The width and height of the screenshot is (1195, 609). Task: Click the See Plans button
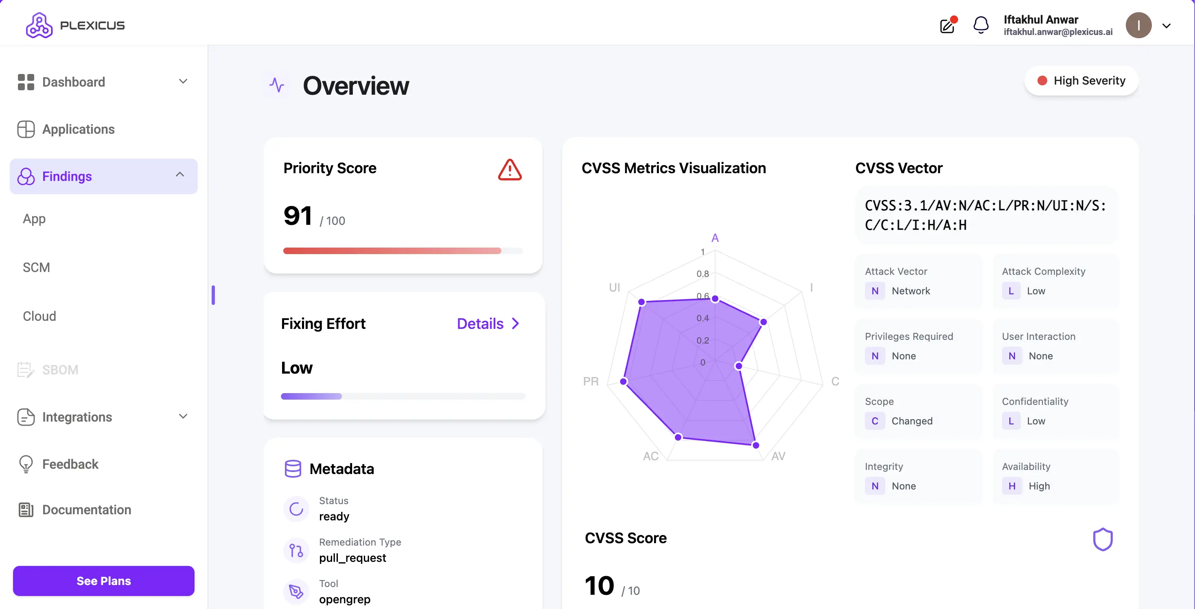[103, 581]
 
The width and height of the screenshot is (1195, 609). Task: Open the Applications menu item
[78, 129]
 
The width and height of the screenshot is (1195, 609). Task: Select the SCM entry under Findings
[36, 268]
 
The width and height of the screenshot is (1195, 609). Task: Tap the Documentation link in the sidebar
[86, 510]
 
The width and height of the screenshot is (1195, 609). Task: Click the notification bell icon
[981, 25]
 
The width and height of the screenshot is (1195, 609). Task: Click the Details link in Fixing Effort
[488, 324]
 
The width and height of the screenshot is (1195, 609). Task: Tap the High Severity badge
[1081, 80]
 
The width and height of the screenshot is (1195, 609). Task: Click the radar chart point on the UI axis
[641, 302]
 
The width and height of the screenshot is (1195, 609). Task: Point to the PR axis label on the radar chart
[591, 381]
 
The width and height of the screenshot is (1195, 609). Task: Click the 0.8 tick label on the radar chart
[703, 274]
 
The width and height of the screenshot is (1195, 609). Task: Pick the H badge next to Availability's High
[1012, 486]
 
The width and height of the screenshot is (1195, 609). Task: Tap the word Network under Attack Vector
[910, 291]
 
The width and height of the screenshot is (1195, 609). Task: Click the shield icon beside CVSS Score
[1103, 539]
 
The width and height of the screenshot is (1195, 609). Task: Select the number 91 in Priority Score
[298, 216]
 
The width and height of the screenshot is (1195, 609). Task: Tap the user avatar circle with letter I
[1138, 26]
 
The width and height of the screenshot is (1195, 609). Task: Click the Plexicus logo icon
[39, 25]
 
